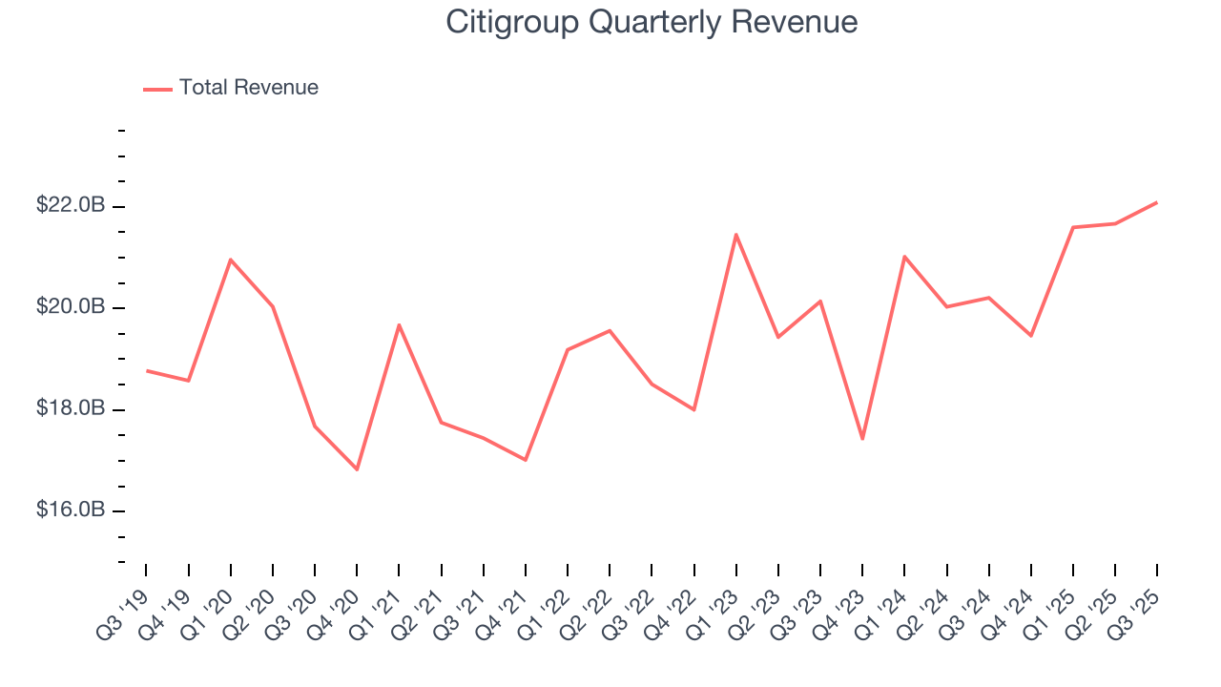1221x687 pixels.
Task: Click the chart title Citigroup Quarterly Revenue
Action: click(x=652, y=23)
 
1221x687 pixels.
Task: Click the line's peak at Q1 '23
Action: click(x=736, y=234)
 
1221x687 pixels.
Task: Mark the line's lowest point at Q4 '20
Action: click(x=357, y=469)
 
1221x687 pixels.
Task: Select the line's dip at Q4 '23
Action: click(x=862, y=439)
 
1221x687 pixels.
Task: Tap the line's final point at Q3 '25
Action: click(x=1157, y=202)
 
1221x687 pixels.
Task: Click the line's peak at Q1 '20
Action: click(x=231, y=260)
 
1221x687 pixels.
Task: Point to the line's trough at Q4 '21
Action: click(x=526, y=460)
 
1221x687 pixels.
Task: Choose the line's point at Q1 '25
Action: click(x=1073, y=227)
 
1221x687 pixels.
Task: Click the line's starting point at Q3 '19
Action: click(x=147, y=370)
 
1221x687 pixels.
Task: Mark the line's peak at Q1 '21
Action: click(x=399, y=324)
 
